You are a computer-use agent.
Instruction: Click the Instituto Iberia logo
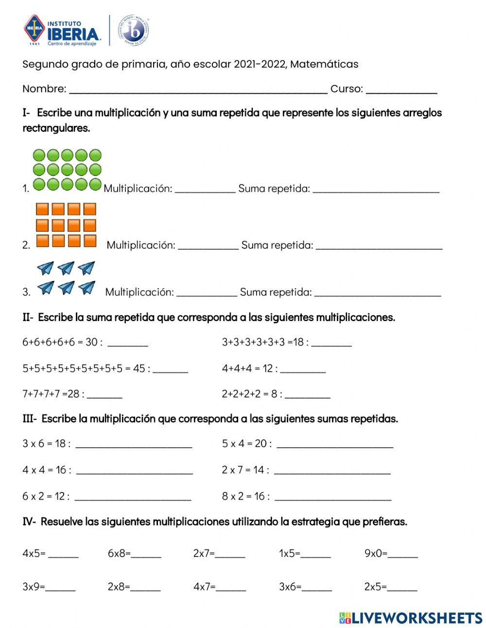(62, 31)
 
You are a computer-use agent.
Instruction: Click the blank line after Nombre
(198, 90)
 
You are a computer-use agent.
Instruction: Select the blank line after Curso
(401, 90)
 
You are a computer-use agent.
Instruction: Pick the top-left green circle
(39, 156)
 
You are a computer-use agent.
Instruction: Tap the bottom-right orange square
(90, 241)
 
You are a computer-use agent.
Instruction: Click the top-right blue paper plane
(87, 268)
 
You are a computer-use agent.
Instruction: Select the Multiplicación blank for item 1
(205, 190)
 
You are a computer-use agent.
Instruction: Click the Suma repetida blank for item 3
(378, 293)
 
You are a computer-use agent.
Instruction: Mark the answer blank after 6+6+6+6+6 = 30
(127, 344)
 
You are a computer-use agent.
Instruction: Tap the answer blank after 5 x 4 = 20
(334, 445)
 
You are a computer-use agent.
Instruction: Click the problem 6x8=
(119, 553)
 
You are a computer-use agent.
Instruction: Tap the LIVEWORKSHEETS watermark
(411, 618)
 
